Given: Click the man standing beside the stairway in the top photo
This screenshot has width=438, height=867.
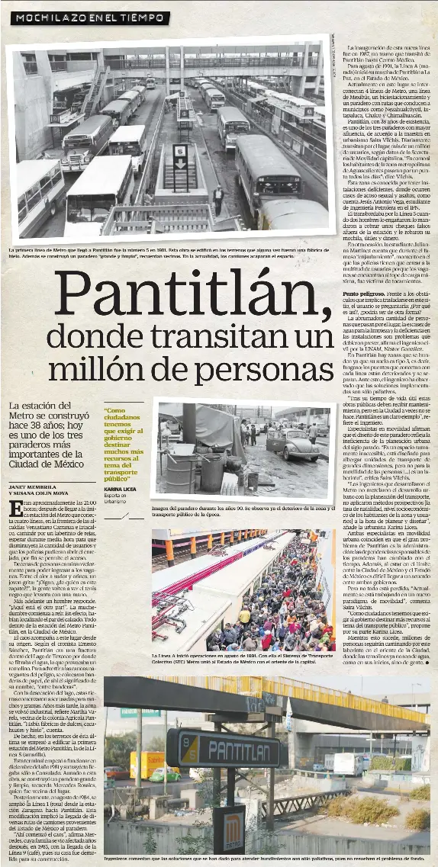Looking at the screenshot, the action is [218, 201].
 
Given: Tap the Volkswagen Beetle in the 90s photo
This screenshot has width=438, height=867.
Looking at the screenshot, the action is [293, 444].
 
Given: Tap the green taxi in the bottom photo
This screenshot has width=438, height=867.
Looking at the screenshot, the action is [164, 775].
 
